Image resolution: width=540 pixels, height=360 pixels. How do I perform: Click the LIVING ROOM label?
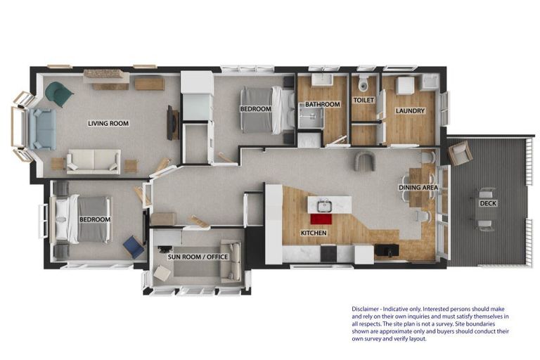(108, 123)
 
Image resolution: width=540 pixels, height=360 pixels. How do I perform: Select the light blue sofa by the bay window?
(42, 129)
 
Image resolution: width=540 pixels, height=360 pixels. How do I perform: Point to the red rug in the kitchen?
(321, 219)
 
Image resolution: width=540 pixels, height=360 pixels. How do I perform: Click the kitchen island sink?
(324, 206)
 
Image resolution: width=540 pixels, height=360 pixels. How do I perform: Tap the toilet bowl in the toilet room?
(363, 84)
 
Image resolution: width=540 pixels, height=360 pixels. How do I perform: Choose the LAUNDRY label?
(410, 111)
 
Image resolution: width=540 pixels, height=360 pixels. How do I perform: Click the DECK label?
(488, 204)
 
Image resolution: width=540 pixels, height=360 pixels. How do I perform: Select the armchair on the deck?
(460, 153)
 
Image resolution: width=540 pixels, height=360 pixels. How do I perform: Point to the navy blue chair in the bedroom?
(134, 246)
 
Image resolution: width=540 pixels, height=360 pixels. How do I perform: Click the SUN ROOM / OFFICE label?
(198, 257)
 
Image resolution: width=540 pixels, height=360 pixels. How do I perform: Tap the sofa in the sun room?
(231, 260)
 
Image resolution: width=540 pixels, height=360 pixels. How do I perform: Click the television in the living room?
(171, 122)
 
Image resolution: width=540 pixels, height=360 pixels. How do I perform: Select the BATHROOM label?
(322, 104)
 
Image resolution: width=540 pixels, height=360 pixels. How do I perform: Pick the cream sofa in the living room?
(94, 162)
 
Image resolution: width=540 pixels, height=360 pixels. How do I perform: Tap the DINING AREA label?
(418, 188)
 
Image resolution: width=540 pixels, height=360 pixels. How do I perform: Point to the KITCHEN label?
(314, 233)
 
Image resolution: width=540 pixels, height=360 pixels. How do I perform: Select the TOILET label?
(364, 101)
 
